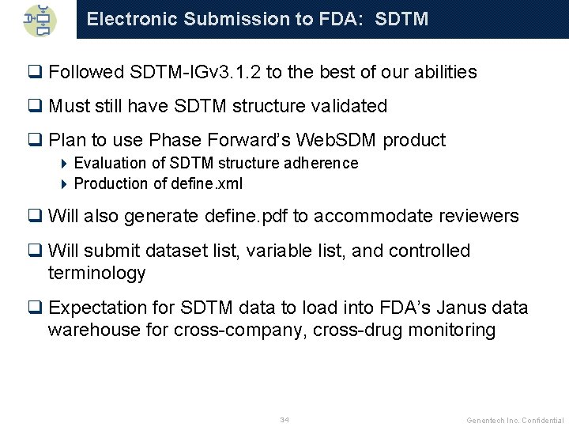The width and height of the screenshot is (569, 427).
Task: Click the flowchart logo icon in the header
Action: [39, 19]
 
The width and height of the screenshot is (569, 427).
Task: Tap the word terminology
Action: [97, 274]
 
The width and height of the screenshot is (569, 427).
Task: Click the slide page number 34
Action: [284, 419]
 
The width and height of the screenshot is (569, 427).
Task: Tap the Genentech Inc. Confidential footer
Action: [514, 420]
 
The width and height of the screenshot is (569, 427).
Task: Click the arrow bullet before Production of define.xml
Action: [65, 183]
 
